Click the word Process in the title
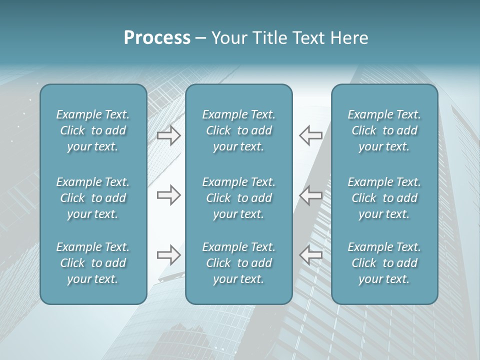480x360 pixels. click(x=157, y=38)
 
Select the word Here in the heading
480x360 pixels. click(x=349, y=38)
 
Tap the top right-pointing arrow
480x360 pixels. click(x=169, y=135)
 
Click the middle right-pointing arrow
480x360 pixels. click(x=169, y=195)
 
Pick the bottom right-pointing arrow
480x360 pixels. click(x=169, y=255)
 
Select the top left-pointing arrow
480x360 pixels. click(x=311, y=135)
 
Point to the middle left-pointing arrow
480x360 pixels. click(x=311, y=195)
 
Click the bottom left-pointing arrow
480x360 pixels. click(x=311, y=255)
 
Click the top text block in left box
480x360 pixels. click(x=93, y=130)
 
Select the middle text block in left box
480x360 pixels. click(x=93, y=198)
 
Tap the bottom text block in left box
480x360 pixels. click(x=93, y=263)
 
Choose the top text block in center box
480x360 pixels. click(x=239, y=130)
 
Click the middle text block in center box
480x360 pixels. click(x=239, y=198)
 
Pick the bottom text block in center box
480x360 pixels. click(x=239, y=263)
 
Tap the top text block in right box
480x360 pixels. click(x=384, y=130)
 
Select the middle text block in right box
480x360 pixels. click(x=384, y=198)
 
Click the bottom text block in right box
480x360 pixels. click(x=384, y=263)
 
